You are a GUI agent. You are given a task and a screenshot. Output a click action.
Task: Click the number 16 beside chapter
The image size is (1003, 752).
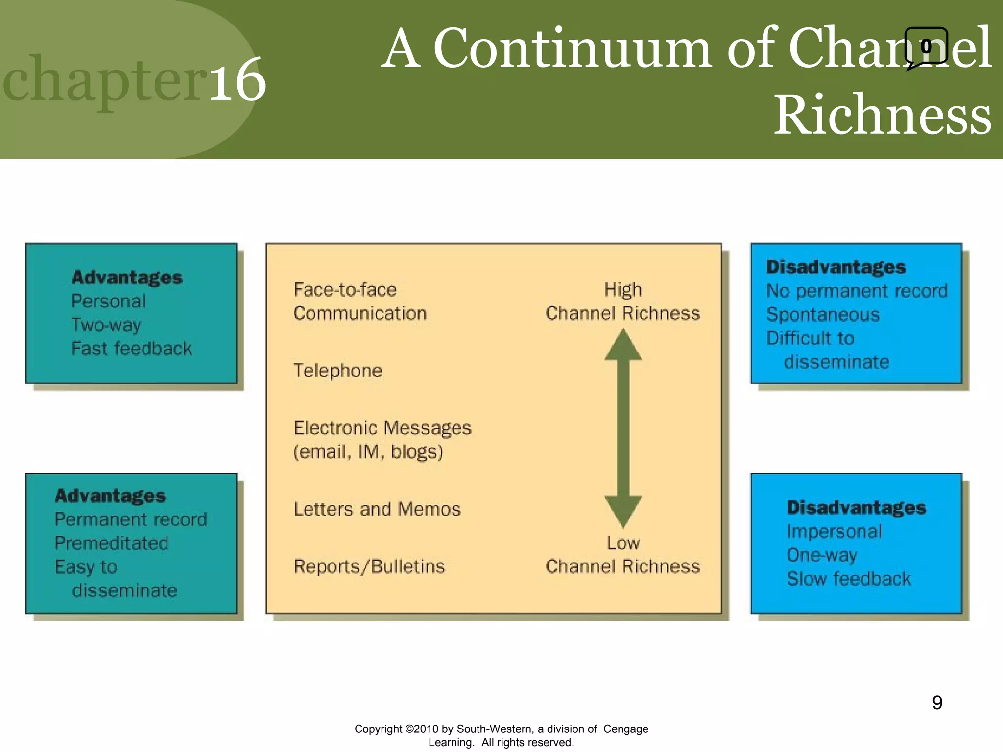pos(238,80)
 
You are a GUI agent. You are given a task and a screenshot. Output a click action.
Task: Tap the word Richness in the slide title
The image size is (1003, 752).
pos(882,115)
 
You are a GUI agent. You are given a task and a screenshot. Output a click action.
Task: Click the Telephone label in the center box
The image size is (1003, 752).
pos(337,371)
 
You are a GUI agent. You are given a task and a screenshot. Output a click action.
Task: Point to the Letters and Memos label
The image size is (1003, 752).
pos(377,509)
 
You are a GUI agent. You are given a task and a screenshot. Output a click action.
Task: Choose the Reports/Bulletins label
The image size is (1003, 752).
pos(369,566)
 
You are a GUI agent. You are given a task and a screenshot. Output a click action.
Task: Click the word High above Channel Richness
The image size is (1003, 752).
pos(622,290)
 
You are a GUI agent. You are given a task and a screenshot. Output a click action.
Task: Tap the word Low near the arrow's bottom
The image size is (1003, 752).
pos(623,543)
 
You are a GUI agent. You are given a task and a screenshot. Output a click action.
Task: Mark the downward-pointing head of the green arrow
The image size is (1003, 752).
pos(623,511)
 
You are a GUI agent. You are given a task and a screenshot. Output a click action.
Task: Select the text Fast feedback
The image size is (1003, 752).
pos(132,349)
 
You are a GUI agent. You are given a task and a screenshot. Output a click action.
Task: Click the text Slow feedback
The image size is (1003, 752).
pos(849,579)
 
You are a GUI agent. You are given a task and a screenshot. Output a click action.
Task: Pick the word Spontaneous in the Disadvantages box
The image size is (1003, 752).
pos(823,315)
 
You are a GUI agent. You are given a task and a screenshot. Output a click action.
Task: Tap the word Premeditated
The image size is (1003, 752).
pos(112,543)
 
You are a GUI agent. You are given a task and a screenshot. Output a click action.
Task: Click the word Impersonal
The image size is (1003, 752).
pos(834,532)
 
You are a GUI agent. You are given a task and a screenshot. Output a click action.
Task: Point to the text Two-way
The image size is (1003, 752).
pos(106,325)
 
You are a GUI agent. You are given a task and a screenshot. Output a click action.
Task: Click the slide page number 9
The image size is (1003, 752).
pos(937,703)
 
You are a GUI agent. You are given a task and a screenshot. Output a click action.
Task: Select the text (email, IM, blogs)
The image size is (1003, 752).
pos(368,452)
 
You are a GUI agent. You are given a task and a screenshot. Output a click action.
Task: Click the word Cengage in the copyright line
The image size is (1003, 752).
pos(625,729)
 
